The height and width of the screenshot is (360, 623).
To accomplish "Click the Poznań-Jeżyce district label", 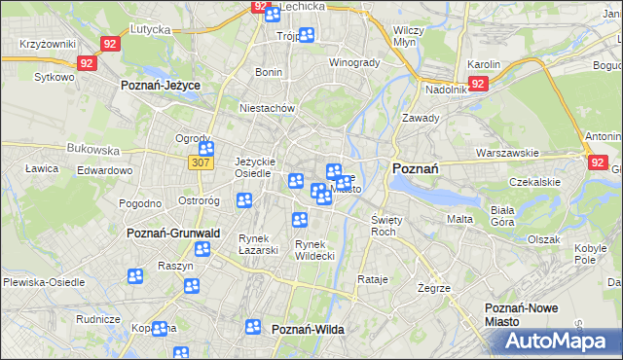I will click(160, 86).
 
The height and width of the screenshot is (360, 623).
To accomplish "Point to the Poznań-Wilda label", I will click(308, 330).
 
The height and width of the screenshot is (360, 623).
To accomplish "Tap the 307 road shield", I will click(201, 162).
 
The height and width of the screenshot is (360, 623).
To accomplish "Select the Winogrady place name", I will click(354, 62).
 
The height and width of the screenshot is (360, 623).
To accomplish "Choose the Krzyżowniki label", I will click(47, 46).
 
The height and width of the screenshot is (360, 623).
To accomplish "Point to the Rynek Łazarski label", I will click(259, 243).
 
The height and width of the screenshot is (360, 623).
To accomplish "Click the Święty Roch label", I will click(384, 226).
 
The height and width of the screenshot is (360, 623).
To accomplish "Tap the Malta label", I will click(459, 219).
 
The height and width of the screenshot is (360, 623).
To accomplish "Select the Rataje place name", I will click(373, 279).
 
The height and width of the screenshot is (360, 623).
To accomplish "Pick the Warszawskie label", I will click(508, 153).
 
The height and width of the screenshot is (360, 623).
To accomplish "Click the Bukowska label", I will click(92, 151).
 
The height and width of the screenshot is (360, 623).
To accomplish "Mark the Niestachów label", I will click(267, 108).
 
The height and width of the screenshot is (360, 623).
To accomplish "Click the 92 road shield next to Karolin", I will click(478, 84).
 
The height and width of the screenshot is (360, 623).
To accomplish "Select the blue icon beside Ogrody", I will click(207, 149).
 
